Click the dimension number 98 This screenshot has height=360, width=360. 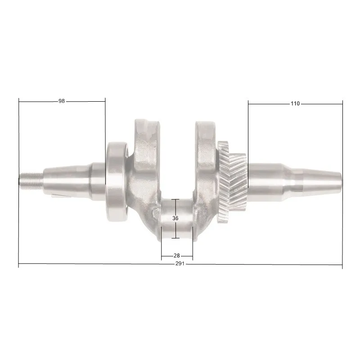[x=62, y=101]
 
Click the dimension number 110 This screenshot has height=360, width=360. [x=295, y=103]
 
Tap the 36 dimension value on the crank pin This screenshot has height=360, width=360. [x=175, y=218]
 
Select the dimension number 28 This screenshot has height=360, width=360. [x=177, y=256]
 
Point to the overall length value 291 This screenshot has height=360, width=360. [x=180, y=264]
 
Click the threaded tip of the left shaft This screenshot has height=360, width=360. [x=31, y=181]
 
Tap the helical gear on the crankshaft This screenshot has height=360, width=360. [x=232, y=182]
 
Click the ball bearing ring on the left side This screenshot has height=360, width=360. [x=117, y=181]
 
